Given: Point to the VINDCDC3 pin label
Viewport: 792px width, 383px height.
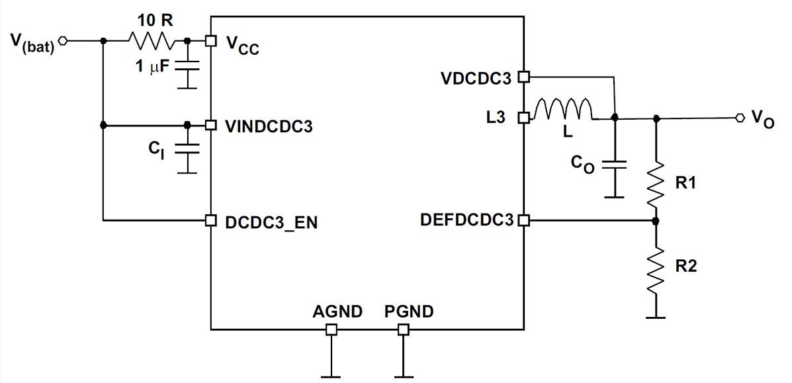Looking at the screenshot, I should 269,125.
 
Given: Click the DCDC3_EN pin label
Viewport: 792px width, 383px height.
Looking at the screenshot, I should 271,223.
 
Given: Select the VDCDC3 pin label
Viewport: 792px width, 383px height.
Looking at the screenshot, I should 476,78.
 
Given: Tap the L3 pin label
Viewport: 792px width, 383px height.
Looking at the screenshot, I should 494,118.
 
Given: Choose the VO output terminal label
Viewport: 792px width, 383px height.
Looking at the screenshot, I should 762,120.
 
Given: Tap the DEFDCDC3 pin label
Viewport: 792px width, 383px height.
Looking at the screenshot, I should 466,220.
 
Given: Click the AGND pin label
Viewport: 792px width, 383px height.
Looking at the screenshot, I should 337,311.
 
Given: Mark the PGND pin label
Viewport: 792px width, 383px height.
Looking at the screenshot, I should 409,311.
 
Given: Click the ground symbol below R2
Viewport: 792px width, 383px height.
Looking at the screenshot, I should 656,316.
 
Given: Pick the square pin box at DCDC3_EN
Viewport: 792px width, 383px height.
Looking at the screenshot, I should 210,220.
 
